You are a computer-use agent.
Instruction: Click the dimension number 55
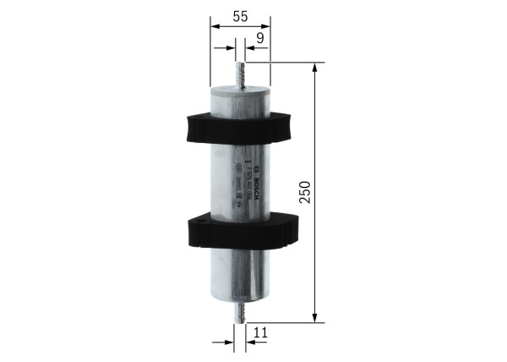point(239,15)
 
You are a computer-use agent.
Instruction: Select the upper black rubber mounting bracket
point(239,126)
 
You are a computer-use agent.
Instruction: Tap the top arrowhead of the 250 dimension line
point(316,67)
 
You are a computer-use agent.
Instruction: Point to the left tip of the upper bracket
point(181,127)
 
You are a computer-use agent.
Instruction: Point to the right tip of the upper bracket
point(297,126)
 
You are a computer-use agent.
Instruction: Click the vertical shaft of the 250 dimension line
point(316,254)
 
